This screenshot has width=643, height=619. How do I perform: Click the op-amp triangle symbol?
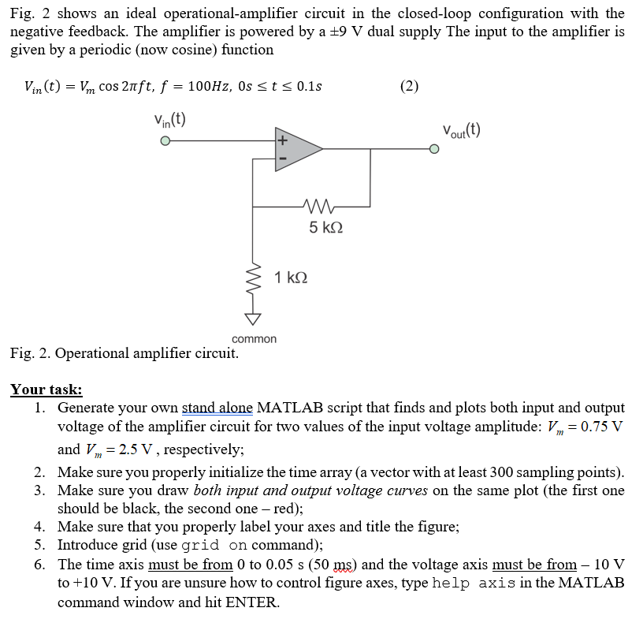tap(297, 148)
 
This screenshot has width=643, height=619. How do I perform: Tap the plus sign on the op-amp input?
tap(281, 140)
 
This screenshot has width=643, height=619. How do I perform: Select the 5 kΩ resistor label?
tap(325, 228)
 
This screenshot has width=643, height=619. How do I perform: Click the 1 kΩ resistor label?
tap(291, 278)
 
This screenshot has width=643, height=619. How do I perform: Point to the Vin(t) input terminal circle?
tap(165, 142)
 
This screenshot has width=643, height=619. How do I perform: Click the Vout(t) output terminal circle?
tap(434, 148)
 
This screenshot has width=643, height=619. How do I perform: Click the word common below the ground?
tap(254, 339)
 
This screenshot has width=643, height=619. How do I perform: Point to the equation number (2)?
tap(410, 86)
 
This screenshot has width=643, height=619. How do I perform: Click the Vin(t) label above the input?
tap(169, 120)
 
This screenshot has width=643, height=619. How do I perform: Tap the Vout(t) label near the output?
tap(461, 130)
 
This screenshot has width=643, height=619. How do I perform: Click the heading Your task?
tap(46, 390)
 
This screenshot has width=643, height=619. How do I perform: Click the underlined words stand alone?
tap(217, 408)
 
